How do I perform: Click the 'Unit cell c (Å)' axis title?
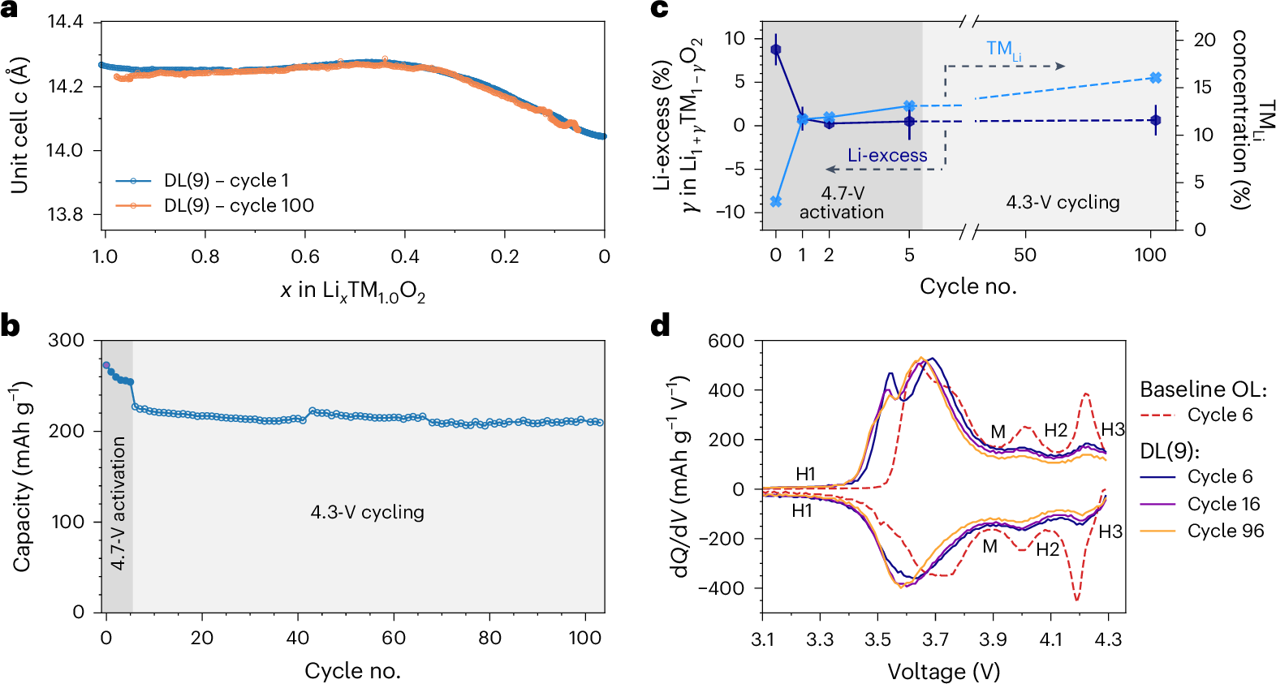[19, 125]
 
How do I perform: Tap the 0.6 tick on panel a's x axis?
[305, 257]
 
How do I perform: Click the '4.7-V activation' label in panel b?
[119, 503]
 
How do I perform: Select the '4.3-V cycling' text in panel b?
[367, 513]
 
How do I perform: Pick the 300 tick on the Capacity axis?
[67, 341]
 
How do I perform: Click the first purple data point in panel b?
[106, 366]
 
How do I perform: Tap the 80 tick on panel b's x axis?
[489, 638]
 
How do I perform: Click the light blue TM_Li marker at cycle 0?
[776, 201]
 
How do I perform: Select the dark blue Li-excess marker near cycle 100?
[1156, 120]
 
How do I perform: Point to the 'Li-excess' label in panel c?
[887, 156]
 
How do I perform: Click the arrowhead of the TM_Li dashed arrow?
[1060, 67]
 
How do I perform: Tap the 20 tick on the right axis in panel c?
[1205, 40]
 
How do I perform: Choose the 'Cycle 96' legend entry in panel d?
[1225, 531]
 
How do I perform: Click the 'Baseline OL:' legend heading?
[1203, 389]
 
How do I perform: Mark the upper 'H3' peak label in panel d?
[1112, 430]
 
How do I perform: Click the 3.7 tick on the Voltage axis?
[935, 639]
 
